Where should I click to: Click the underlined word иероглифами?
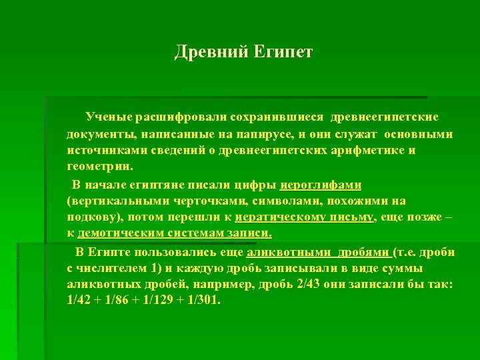click(x=321, y=185)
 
